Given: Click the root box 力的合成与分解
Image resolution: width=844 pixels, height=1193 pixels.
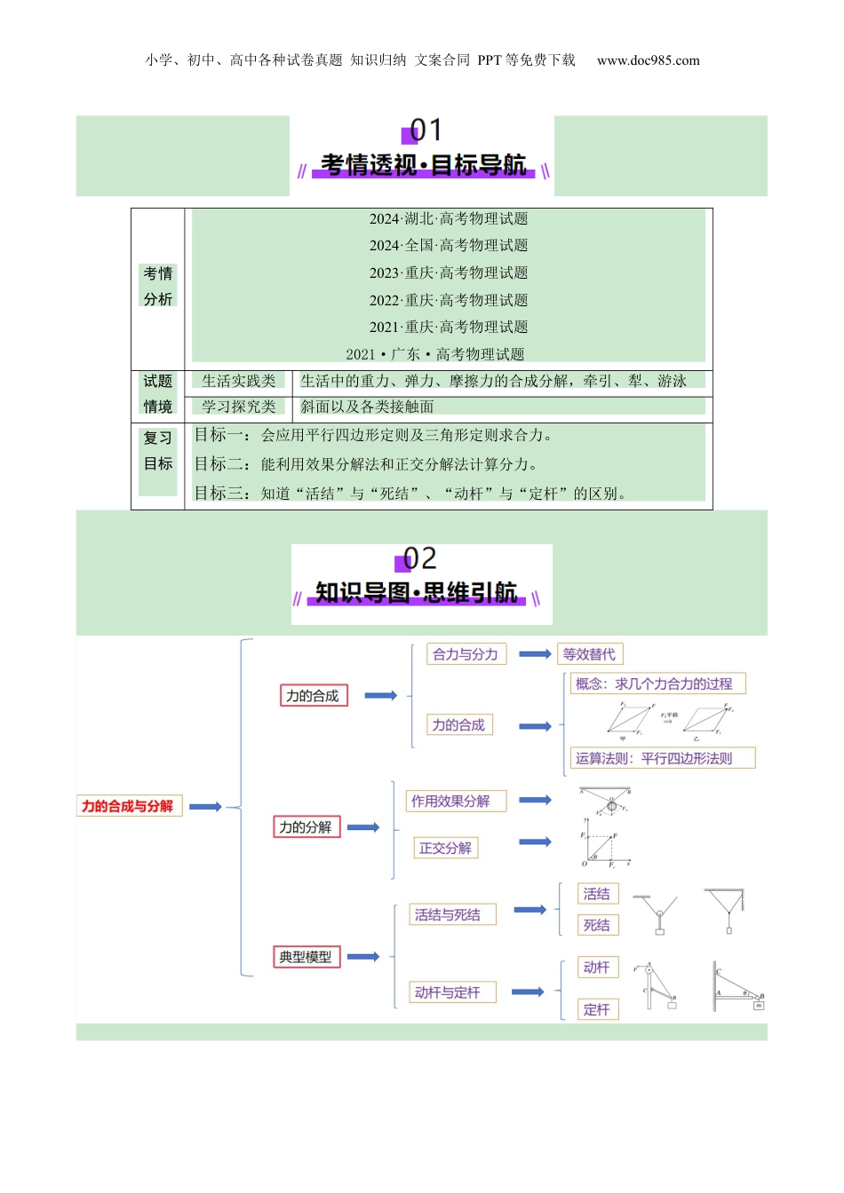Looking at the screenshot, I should coord(129,806).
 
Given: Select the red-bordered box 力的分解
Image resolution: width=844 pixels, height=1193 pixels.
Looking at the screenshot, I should coord(306,827).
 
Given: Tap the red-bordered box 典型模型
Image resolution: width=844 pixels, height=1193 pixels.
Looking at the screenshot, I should coord(306,957).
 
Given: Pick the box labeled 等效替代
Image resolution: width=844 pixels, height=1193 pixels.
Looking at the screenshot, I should coord(589,654).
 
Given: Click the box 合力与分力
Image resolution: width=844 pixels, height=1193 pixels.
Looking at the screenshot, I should coord(465,654).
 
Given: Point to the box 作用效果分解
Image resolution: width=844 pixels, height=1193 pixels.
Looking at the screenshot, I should coord(450,801).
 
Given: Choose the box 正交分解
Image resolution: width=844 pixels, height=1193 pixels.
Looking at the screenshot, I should coord(445,848).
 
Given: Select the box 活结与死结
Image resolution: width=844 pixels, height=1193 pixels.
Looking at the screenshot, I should coord(447,914).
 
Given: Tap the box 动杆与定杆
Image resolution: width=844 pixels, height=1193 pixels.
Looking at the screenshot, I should coord(447,992).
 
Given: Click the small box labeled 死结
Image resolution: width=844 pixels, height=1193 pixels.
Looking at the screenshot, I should coord(597,925).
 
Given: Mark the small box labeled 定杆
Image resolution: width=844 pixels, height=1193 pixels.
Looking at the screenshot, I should coord(597,1009).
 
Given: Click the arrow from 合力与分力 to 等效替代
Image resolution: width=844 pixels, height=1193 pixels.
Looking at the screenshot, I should coord(535,654).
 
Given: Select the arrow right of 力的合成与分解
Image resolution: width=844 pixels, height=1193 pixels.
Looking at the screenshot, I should coord(205,806).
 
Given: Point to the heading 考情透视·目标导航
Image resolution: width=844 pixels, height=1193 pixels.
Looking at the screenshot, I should coord(423,165).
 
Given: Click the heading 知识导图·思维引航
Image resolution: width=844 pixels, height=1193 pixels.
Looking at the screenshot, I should coord(417,593).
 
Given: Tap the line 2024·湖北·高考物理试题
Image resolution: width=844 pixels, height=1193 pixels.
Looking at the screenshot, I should coord(449,218).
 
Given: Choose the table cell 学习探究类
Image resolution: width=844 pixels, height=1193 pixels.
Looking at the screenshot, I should coord(238,407).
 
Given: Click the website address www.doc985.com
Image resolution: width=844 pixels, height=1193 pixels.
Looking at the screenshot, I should coord(649,60).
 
